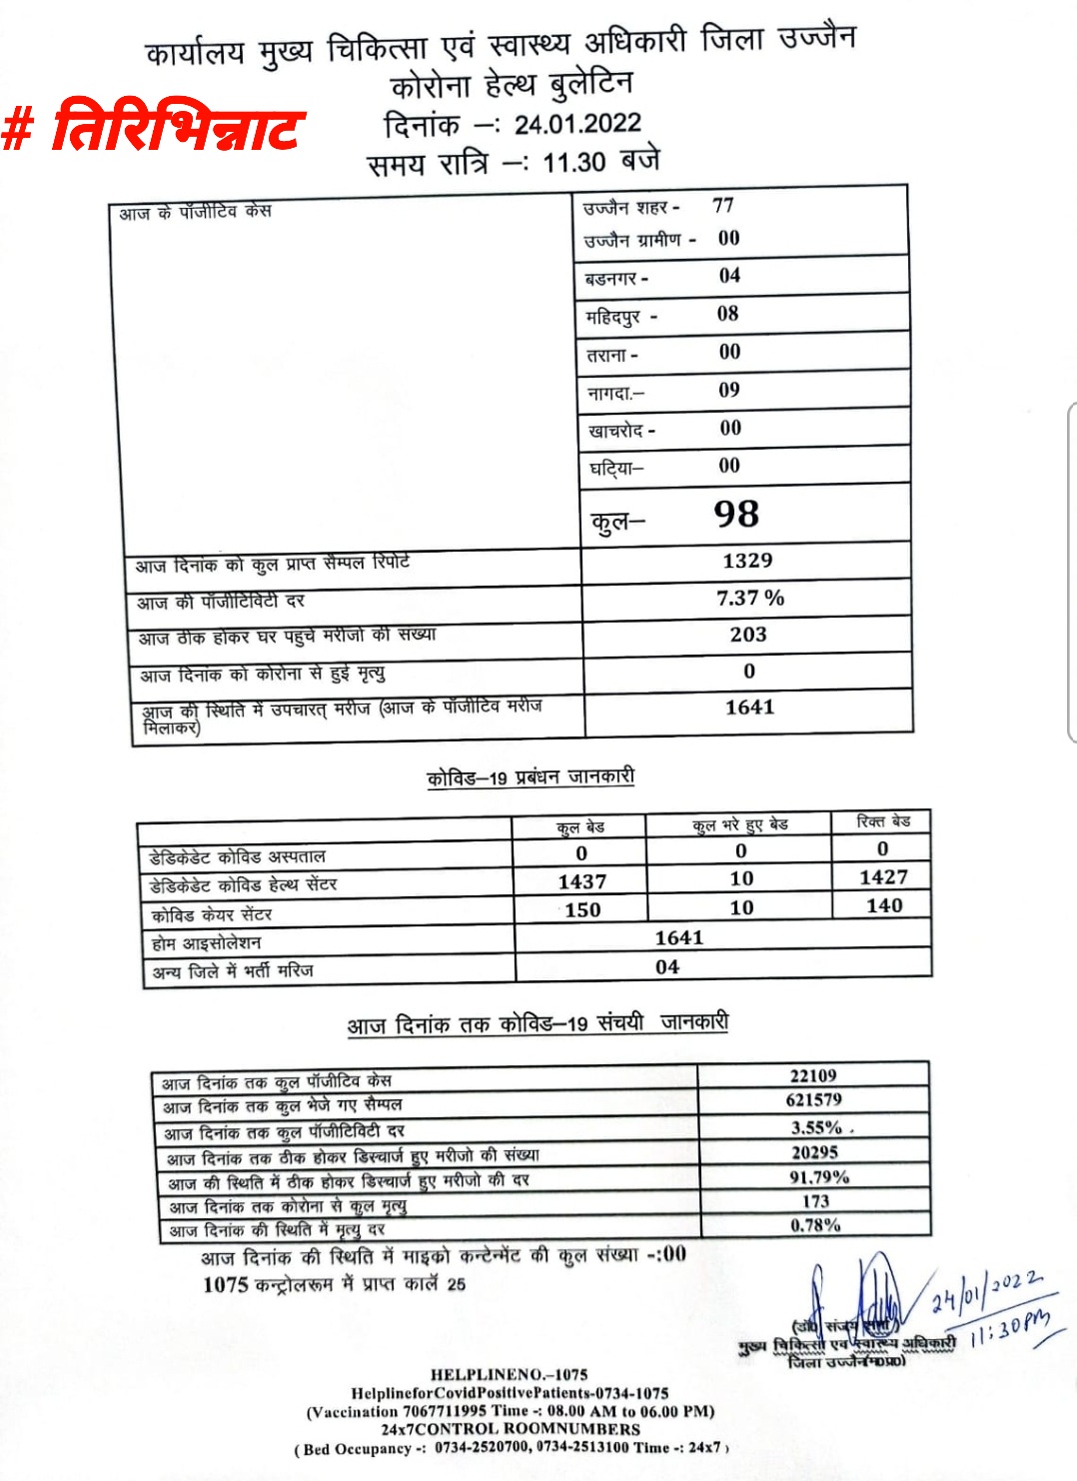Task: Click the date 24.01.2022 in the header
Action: coord(577,124)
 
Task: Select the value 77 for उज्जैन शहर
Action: coord(723,205)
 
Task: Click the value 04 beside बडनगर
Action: coord(729,275)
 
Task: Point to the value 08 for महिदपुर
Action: coord(727,313)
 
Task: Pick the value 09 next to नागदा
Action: coord(729,390)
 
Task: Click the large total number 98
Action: coord(736,514)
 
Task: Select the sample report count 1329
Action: coord(747,561)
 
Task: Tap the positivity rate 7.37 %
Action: coord(750,598)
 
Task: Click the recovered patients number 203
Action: coord(748,635)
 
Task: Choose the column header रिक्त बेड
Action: coord(883,821)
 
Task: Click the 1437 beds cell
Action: coord(582,881)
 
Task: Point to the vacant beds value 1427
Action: coord(883,876)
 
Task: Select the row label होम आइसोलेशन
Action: coord(206,942)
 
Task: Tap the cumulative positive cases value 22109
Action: coord(813,1075)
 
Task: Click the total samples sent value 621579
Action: coord(814,1099)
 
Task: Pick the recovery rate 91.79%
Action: coord(819,1177)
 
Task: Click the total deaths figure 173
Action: coord(816,1201)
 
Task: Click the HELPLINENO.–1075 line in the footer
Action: coord(509,1375)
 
